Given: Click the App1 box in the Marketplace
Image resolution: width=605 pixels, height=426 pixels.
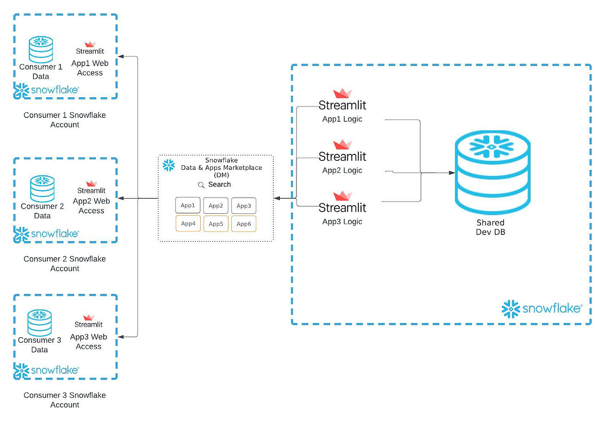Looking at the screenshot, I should point(188,206).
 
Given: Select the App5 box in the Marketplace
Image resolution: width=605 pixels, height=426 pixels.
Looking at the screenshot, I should point(216,224).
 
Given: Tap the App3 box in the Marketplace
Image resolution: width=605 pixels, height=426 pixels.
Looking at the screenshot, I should point(244,206).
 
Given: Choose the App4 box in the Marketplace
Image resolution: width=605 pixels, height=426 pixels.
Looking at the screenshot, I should point(188,224).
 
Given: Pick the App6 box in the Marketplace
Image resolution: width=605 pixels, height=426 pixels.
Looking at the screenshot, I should point(244,224).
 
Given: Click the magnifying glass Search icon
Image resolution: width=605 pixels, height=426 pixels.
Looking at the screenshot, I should point(201,185).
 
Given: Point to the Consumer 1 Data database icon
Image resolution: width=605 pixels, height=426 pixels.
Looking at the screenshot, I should point(41,49).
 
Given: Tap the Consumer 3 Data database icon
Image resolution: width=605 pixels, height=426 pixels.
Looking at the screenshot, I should point(39,323).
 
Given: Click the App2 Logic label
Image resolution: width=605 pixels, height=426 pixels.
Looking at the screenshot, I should point(342,170).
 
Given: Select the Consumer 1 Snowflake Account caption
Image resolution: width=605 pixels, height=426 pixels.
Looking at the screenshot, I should point(65,120).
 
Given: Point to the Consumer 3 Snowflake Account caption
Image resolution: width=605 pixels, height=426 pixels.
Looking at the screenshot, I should point(65,400).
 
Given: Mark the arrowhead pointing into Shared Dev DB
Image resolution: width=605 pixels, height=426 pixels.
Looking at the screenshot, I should point(452,173).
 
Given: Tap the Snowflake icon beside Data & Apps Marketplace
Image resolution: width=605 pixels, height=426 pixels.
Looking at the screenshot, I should point(168,165).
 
